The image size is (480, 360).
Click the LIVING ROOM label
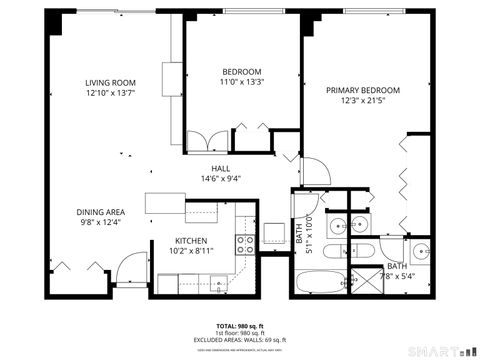point(110,82)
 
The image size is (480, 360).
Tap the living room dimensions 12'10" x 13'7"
point(110,93)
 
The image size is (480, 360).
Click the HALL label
point(221,168)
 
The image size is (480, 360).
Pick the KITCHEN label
point(190,241)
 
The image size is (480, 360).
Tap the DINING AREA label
point(101,212)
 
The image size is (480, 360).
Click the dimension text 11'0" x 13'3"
point(241,82)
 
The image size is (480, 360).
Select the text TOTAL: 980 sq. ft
point(240,326)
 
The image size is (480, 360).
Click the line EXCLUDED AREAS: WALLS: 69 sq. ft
point(240,340)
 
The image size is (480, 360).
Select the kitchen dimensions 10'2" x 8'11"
point(190,251)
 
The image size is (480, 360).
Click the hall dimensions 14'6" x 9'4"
point(221,179)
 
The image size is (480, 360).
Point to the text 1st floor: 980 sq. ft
point(240,333)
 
